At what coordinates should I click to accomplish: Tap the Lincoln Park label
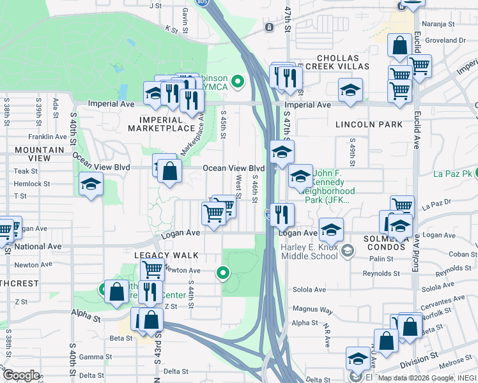pos(371,124)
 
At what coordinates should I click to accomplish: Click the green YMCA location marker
pos(238,81)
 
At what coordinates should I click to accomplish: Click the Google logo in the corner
pos(21,375)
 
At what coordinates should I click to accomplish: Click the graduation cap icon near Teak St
pos(91,184)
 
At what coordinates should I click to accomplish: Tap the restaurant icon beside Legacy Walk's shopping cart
pos(148,291)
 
